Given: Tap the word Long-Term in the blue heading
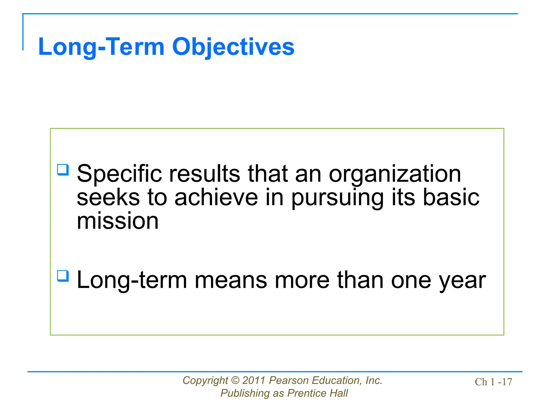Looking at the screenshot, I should (101, 47).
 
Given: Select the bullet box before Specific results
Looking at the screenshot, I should (63, 170).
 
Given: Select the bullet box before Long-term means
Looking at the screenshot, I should (63, 276).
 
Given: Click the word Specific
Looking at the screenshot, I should (119, 174).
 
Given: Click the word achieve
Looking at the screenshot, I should (216, 197).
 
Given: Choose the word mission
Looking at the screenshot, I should (117, 221).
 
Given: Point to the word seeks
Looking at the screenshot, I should (108, 197).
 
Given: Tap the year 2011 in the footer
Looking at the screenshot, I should (254, 380).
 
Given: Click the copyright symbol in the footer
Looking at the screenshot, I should (235, 380).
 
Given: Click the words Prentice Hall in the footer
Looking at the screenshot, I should (317, 393).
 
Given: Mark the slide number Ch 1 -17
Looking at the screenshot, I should (493, 382).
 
